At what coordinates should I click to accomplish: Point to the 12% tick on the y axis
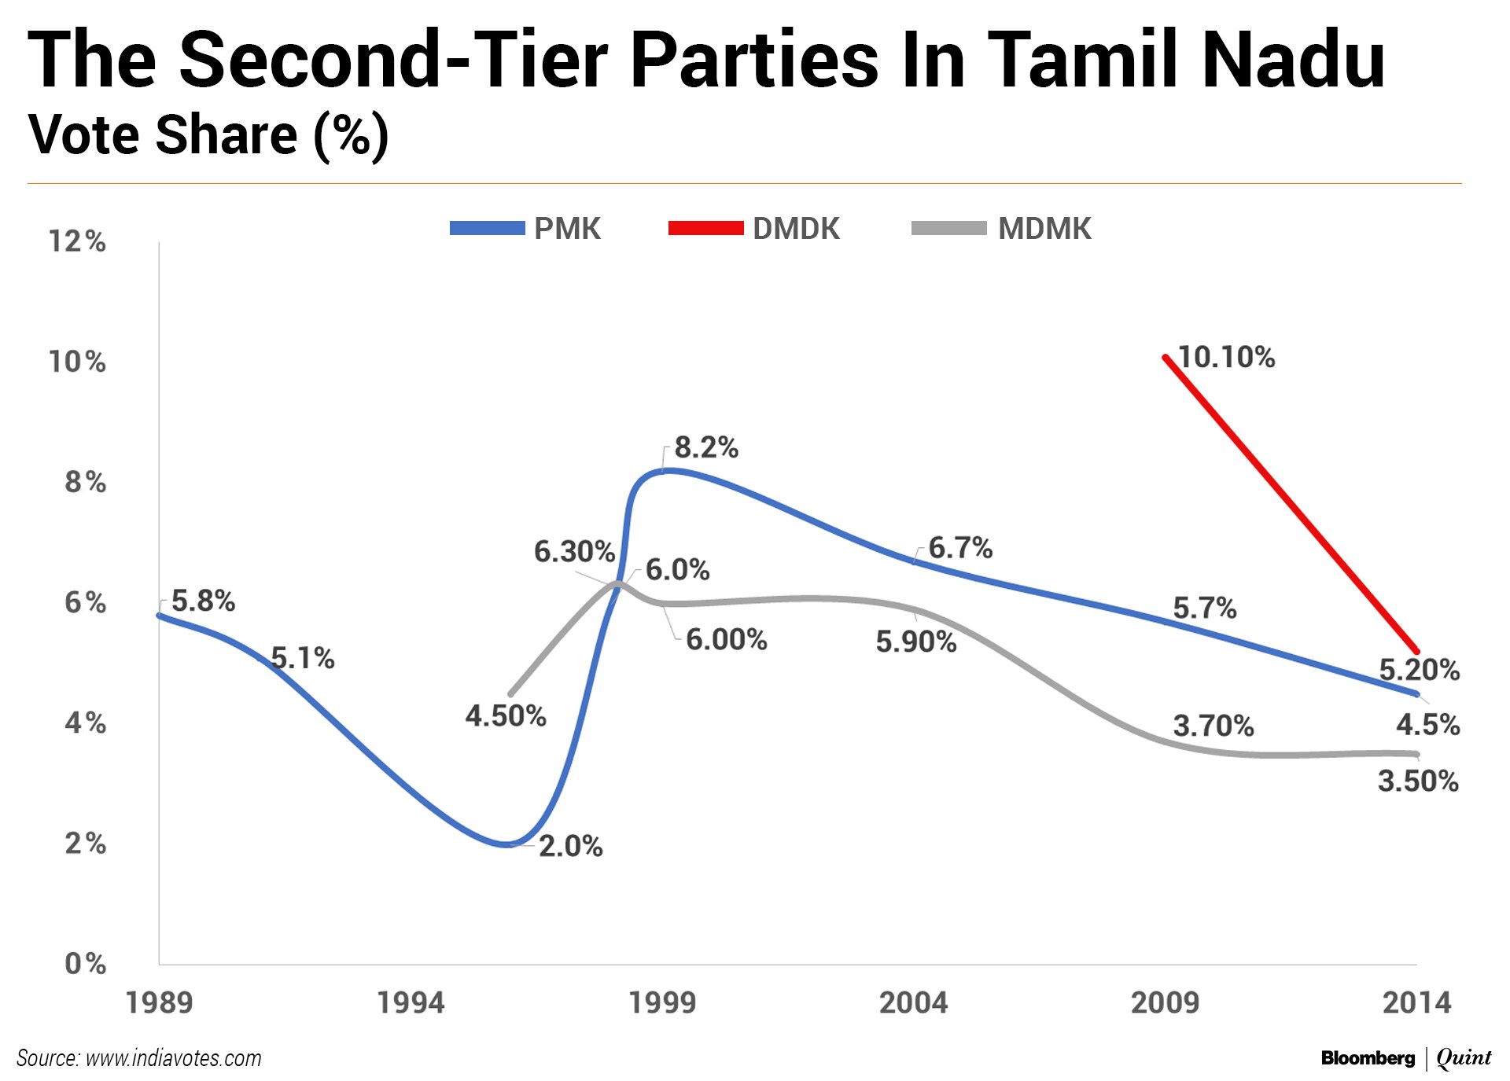click(77, 241)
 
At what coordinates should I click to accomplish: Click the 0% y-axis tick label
click(85, 963)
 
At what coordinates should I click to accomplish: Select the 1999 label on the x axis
click(662, 1003)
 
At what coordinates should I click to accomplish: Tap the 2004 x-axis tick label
click(913, 1003)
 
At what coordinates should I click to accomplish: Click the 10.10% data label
click(1226, 357)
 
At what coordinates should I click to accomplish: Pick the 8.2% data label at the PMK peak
click(706, 447)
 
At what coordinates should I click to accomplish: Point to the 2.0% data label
click(570, 846)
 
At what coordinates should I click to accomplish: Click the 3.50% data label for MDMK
click(1418, 781)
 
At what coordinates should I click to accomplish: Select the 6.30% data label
click(574, 551)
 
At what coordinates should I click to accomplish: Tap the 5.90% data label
click(916, 642)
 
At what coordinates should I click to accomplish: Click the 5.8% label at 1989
click(203, 601)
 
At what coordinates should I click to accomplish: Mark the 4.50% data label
click(506, 715)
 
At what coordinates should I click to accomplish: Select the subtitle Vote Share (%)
click(208, 134)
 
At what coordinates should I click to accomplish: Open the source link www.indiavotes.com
click(173, 1058)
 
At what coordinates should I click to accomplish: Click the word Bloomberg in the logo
click(1368, 1058)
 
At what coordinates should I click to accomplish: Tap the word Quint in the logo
click(1464, 1058)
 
